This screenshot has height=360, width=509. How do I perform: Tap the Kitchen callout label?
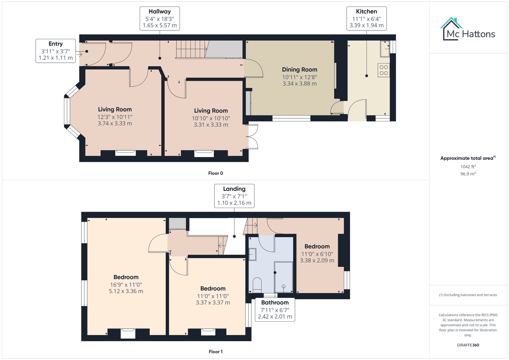pyautogui.click(x=366, y=18)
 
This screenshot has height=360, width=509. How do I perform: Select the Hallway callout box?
pyautogui.click(x=160, y=18)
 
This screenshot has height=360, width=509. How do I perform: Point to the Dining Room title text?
pyautogui.click(x=299, y=70)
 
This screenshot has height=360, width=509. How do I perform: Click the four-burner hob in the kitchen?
pyautogui.click(x=384, y=70)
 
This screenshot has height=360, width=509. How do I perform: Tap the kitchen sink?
pyautogui.click(x=385, y=49)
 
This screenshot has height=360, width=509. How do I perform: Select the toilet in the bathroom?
pyautogui.click(x=257, y=285)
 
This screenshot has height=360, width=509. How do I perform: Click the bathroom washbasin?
pyautogui.click(x=252, y=254)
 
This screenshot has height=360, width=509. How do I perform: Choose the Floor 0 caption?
pyautogui.click(x=215, y=173)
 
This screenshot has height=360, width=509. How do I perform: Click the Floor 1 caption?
pyautogui.click(x=215, y=352)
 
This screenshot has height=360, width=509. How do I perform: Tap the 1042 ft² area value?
pyautogui.click(x=468, y=167)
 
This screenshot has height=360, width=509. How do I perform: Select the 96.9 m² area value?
pyautogui.click(x=468, y=174)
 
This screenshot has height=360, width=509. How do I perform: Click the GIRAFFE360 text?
pyautogui.click(x=468, y=345)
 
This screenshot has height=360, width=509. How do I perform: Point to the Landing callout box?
pyautogui.click(x=234, y=196)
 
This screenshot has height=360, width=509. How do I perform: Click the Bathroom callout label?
pyautogui.click(x=275, y=309)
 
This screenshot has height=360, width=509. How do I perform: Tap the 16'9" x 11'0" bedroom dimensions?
pyautogui.click(x=126, y=285)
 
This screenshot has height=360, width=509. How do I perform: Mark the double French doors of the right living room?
pyautogui.click(x=253, y=137)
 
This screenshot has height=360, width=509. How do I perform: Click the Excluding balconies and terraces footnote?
pyautogui.click(x=468, y=295)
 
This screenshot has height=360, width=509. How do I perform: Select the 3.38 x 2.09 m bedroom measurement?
pyautogui.click(x=317, y=261)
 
